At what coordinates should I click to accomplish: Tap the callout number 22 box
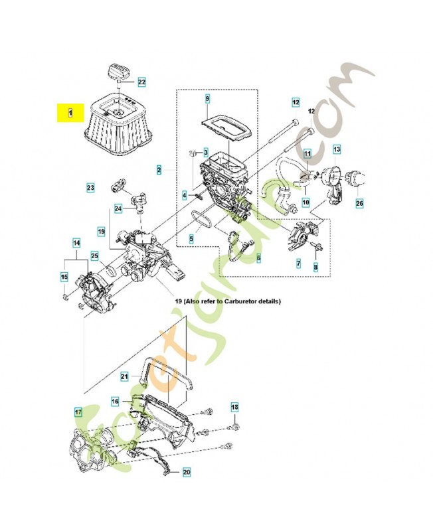click(x=141, y=82)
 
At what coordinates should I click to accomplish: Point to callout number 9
click(x=207, y=100)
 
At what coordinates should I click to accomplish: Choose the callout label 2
click(x=159, y=171)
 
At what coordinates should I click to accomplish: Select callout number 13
click(x=337, y=150)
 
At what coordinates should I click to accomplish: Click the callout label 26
click(x=359, y=202)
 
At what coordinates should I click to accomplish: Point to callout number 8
click(x=316, y=266)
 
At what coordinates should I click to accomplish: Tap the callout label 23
click(x=90, y=188)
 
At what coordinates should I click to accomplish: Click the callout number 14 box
click(x=76, y=243)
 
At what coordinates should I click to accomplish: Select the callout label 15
click(x=64, y=277)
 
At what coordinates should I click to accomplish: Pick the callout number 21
click(x=124, y=376)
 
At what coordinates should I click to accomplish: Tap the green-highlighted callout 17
click(x=78, y=412)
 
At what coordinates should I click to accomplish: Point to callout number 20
click(x=186, y=472)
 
